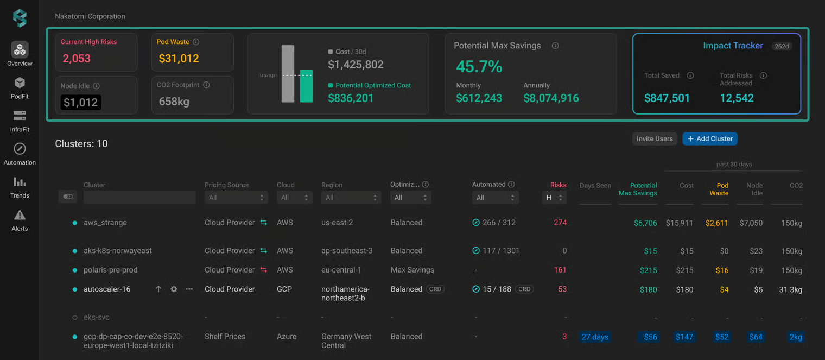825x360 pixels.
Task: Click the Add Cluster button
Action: [710, 138]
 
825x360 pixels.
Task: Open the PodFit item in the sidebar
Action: [20, 88]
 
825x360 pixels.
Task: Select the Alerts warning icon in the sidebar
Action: [20, 215]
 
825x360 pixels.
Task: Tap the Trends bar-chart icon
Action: [20, 182]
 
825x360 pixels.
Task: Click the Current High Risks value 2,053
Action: [76, 58]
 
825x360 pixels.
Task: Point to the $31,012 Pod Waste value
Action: [179, 58]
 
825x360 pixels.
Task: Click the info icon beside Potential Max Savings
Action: [555, 46]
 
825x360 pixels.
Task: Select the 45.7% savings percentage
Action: [479, 67]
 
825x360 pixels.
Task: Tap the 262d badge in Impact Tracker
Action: [782, 46]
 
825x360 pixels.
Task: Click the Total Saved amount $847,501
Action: [667, 98]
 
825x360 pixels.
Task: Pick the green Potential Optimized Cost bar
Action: [306, 86]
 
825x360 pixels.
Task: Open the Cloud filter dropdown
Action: [294, 198]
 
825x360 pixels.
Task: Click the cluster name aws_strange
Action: [105, 223]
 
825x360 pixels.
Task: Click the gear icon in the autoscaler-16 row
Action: [174, 289]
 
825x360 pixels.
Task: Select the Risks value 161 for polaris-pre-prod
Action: [560, 270]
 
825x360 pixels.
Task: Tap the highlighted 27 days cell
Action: [595, 337]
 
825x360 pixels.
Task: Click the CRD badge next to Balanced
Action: [435, 289]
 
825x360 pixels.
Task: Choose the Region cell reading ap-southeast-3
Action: [347, 250]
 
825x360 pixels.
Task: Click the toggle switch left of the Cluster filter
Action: [68, 197]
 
